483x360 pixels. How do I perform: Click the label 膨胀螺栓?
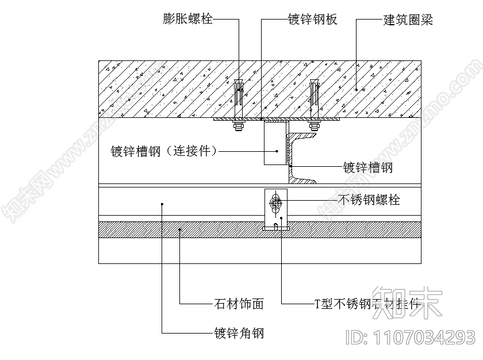pos(187,20)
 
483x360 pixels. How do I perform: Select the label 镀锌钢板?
pos(312,20)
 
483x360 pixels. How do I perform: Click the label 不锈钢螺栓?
pos(368,200)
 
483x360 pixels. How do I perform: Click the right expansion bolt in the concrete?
pos(314,95)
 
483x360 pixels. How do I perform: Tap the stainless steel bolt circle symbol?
pos(277,202)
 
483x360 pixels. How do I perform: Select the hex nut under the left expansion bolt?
pos(237,125)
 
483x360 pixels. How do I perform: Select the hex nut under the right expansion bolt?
pos(314,125)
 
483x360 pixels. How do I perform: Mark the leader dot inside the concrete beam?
pos(356,89)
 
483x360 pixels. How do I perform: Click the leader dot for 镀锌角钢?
pos(162,204)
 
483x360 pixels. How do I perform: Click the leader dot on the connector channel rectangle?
pos(277,151)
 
